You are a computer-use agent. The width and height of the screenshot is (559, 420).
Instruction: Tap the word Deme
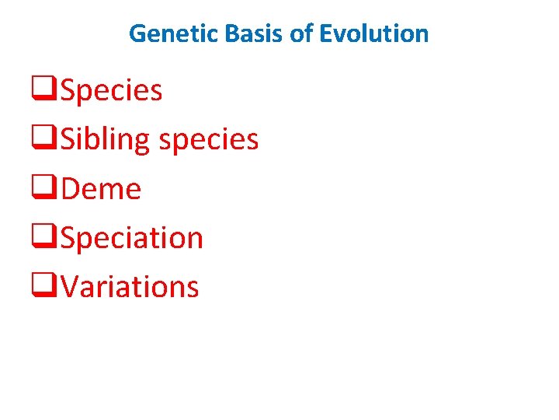pos(101,189)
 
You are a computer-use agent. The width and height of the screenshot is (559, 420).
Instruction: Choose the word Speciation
pos(131,238)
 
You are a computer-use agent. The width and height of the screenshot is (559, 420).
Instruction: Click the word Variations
pos(130,286)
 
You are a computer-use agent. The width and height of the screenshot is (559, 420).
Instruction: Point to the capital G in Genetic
pos(136,33)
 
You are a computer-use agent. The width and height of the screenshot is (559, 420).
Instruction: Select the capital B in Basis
pos(227,33)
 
